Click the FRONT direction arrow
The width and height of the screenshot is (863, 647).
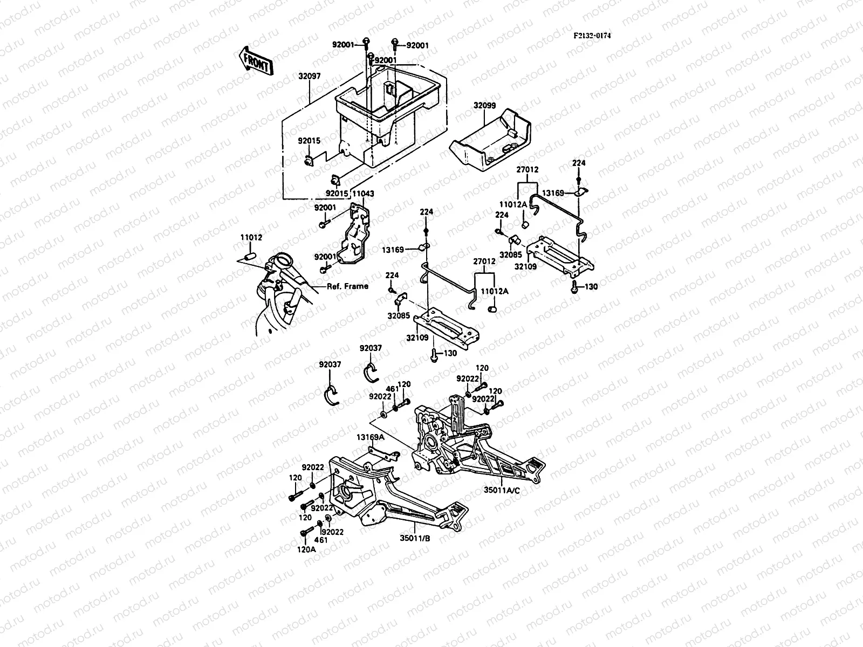click(254, 60)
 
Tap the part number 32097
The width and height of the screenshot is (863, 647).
click(309, 77)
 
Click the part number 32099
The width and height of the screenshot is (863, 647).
click(484, 106)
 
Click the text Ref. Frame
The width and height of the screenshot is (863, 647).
click(347, 286)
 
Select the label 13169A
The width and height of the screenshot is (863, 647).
click(369, 437)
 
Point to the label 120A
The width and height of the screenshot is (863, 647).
click(306, 550)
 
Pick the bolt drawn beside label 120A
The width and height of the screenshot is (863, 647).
click(305, 533)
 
